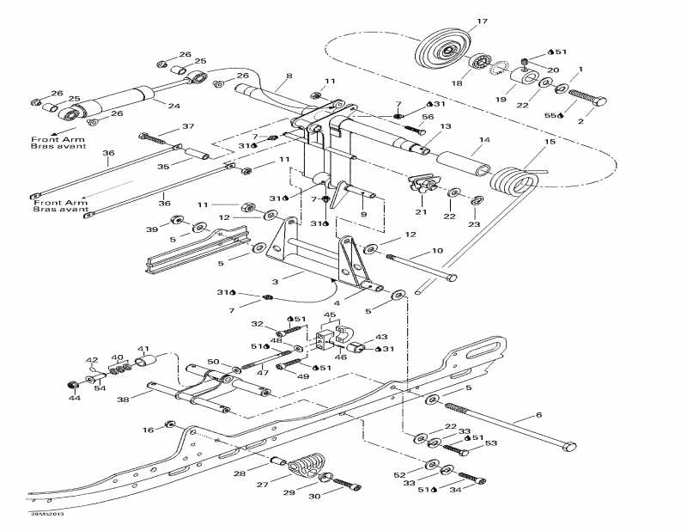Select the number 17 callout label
pyautogui.click(x=482, y=21)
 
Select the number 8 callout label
pyautogui.click(x=289, y=76)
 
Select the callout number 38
pyautogui.click(x=123, y=400)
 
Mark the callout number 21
pyautogui.click(x=422, y=211)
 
